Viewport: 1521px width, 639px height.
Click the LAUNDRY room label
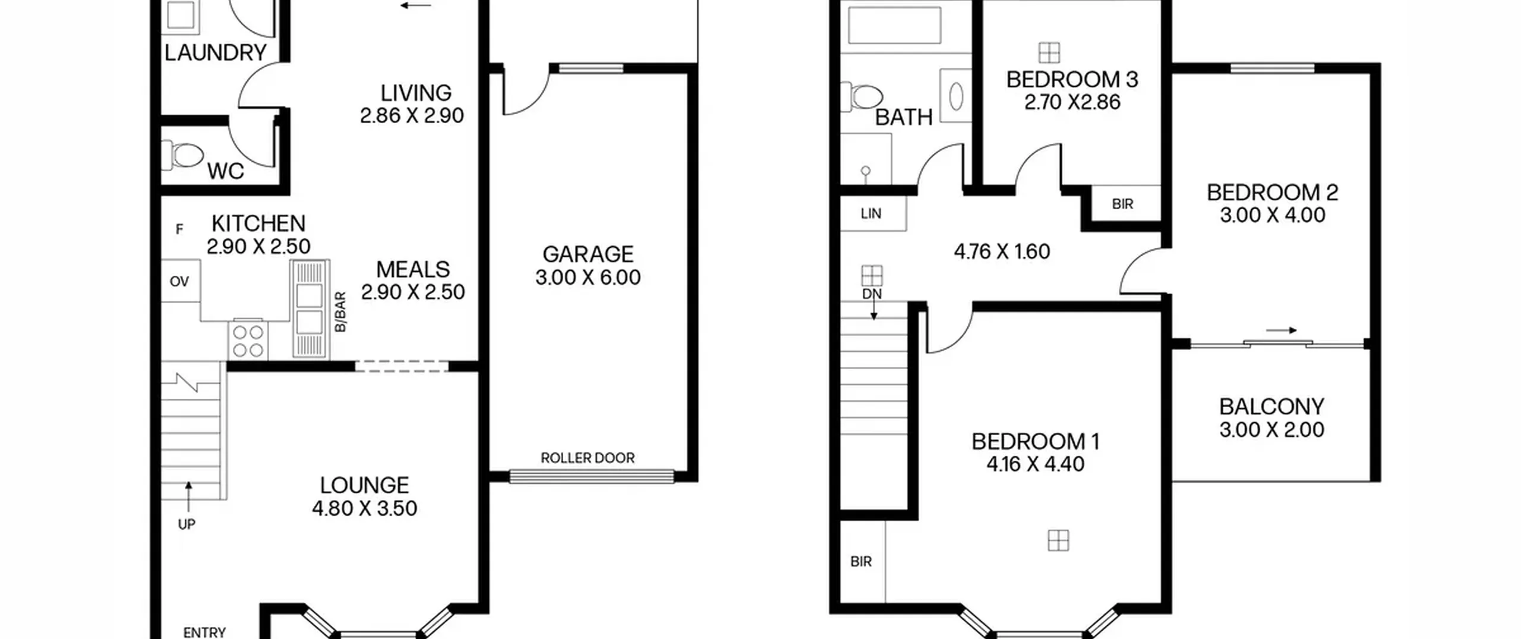(x=215, y=53)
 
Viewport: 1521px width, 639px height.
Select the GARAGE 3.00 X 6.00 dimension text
(x=588, y=278)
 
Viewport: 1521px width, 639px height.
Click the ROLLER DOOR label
(x=588, y=458)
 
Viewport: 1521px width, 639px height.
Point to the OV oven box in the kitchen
(x=179, y=281)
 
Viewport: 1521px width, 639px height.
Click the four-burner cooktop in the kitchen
(x=248, y=341)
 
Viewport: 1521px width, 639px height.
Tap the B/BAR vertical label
(x=340, y=311)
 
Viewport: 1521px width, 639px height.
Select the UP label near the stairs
(x=187, y=524)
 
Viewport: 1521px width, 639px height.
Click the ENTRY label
(x=204, y=632)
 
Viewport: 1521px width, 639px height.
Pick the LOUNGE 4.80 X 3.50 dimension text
(x=365, y=508)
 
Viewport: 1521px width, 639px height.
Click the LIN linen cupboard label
(x=871, y=213)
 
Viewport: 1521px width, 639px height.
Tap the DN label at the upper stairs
(x=872, y=294)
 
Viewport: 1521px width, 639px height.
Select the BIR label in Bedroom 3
(x=1122, y=204)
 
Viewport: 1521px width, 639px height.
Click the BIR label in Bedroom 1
(x=861, y=561)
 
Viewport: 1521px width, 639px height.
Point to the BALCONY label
(x=1272, y=407)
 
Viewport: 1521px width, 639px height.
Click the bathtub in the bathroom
(x=894, y=25)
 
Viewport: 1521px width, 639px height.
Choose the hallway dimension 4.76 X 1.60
(x=1002, y=251)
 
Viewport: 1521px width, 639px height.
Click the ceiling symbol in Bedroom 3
(x=1049, y=52)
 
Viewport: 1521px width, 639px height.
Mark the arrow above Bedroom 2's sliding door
(x=1281, y=330)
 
